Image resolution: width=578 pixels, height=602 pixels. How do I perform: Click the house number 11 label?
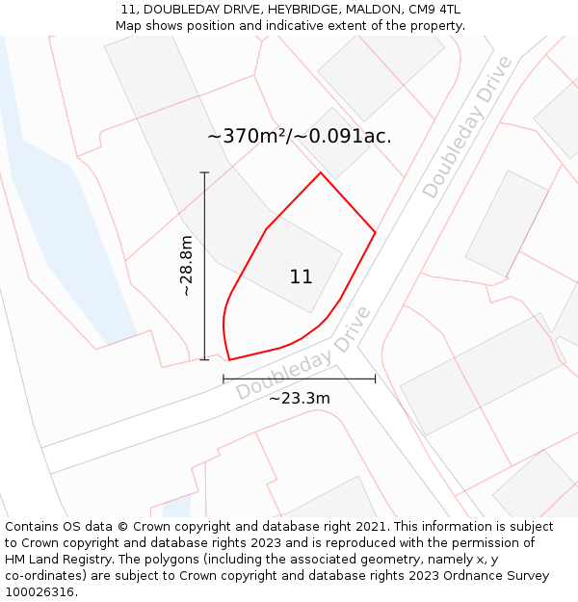tap(301, 277)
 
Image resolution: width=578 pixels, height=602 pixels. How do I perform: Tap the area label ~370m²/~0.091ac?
tap(300, 137)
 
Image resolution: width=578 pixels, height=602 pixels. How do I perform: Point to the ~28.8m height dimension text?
tap(186, 265)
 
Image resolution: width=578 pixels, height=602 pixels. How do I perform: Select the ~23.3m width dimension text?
tap(299, 398)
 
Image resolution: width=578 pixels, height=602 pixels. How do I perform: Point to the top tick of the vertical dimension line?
tap(204, 172)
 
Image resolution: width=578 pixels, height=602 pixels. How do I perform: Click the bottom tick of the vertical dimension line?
tap(204, 359)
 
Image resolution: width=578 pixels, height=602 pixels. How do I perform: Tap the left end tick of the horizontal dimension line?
tap(223, 379)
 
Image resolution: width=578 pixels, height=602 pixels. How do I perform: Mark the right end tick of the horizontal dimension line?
tap(375, 379)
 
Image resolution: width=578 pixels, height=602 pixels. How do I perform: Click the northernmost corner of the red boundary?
tap(321, 172)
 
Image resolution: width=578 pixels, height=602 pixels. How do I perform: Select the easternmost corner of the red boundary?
tap(375, 232)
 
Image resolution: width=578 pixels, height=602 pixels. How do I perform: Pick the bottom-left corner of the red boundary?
tap(229, 360)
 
